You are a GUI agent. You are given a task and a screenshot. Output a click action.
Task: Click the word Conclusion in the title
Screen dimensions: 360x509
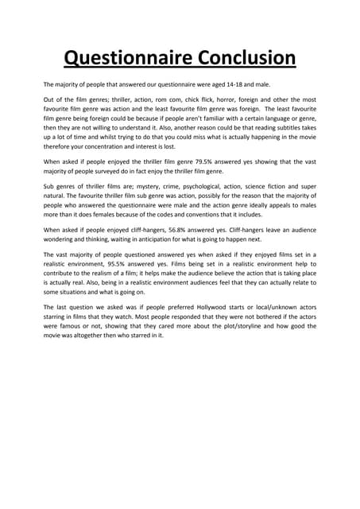[x=240, y=58]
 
